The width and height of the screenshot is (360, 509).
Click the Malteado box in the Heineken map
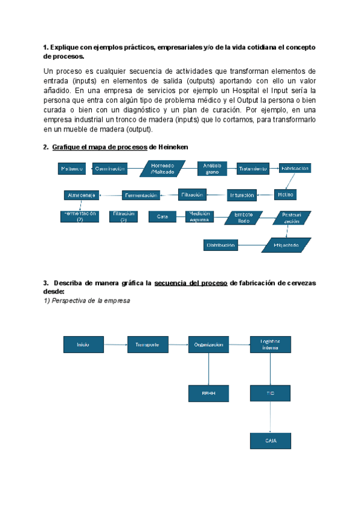72,169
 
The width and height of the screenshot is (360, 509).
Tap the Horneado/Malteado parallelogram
161,169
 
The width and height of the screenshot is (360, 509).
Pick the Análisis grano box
212,169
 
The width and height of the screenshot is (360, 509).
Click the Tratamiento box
253,169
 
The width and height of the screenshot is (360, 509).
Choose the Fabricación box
296,169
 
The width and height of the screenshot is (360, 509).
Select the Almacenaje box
82,195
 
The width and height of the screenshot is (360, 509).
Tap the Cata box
163,216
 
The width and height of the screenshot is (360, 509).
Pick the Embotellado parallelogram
243,217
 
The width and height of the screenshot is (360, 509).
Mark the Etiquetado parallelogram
286,245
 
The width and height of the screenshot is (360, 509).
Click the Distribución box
221,245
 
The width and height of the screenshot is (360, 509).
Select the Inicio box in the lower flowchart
83,345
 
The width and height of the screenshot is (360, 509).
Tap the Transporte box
147,345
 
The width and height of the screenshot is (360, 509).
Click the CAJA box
270,441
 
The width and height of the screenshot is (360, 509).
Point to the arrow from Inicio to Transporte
115,345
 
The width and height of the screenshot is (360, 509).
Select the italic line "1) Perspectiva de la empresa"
86,300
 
